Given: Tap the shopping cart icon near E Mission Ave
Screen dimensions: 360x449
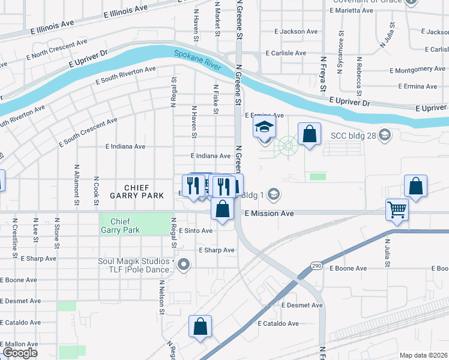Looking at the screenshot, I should pos(396,209).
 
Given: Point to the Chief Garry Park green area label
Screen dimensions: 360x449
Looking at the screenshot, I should pos(120,226).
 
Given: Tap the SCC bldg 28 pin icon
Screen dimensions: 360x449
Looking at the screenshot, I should pos(385,136).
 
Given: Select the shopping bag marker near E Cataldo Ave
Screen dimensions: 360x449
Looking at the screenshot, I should pos(200,327).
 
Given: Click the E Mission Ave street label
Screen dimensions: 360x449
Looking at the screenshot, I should pos(269,214).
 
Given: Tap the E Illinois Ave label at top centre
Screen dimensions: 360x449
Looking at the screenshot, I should pos(125,10).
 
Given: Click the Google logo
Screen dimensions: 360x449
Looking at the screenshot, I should pos(19,353).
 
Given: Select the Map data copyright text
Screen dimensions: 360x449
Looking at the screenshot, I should pos(424,355).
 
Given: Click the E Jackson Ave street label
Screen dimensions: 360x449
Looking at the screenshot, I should pos(295,31).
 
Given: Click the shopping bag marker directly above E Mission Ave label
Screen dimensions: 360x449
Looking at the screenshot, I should pos(222,209).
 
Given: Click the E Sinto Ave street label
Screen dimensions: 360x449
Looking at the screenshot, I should pos(195,231).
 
